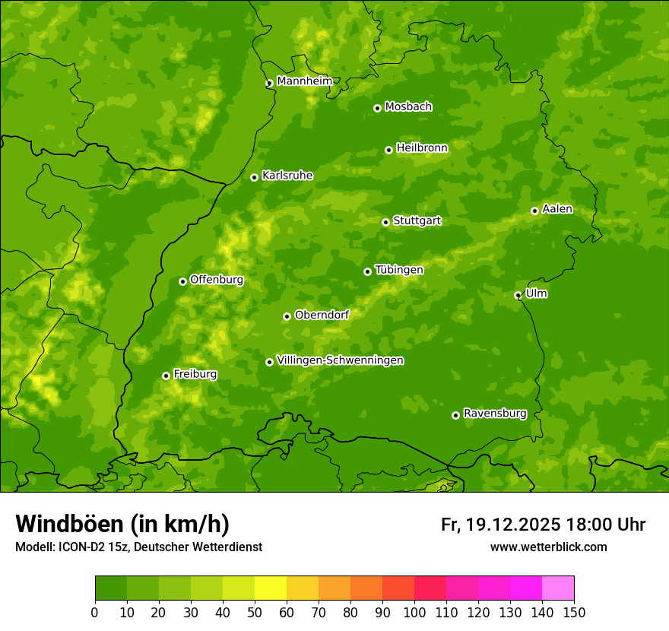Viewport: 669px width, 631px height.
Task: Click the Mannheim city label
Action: click(304, 81)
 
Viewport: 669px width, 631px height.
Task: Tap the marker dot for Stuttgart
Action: click(385, 222)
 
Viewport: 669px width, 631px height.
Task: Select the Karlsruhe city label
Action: click(287, 176)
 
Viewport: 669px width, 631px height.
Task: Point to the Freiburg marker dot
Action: click(166, 376)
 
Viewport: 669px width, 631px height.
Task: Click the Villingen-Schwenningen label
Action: click(340, 360)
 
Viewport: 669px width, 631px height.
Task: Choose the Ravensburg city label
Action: click(495, 414)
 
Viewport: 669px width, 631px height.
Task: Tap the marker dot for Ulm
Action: click(518, 295)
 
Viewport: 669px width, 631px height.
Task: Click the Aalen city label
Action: click(557, 209)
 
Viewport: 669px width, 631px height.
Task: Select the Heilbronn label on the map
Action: click(422, 148)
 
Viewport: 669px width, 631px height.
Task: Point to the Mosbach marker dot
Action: click(377, 108)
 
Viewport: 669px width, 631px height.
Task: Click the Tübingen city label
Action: click(399, 270)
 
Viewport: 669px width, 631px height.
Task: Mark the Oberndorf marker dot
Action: click(287, 316)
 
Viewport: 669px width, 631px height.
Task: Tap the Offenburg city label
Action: click(217, 280)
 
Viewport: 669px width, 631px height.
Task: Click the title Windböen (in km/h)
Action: click(122, 524)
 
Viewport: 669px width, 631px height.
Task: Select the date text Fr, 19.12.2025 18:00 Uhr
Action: click(543, 525)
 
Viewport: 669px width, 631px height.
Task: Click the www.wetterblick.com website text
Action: click(548, 547)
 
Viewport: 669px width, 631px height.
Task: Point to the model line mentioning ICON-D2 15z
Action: click(138, 547)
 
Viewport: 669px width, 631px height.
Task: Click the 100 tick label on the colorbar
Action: click(414, 612)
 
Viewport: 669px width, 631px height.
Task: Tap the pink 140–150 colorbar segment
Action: click(558, 588)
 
